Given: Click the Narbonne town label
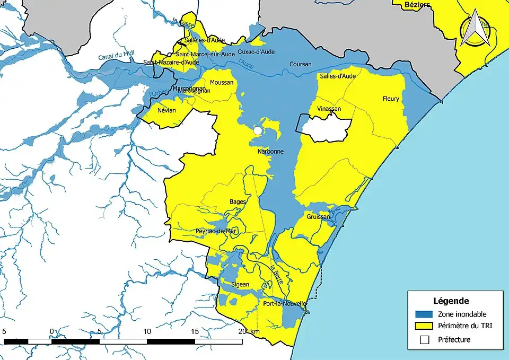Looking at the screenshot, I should click(x=270, y=151).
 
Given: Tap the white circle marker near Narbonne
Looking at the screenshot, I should click(x=258, y=130).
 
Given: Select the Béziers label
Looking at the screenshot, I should click(x=417, y=4).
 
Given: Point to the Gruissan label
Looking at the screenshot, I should click(x=318, y=217).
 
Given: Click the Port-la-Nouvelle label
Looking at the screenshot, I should click(x=285, y=304).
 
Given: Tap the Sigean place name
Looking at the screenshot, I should click(x=241, y=285).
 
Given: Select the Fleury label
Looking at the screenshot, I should click(x=391, y=99).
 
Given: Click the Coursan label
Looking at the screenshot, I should click(x=300, y=65).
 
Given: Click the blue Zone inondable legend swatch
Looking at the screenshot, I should click(x=425, y=314).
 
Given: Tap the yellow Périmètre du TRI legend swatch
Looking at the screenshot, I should click(x=425, y=327).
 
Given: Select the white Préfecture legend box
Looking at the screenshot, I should click(x=425, y=340).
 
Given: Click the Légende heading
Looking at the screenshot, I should click(x=451, y=301).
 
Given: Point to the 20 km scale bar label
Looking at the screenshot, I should click(x=249, y=331).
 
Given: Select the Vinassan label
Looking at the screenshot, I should click(x=329, y=109).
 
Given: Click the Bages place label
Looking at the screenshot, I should click(x=238, y=202).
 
